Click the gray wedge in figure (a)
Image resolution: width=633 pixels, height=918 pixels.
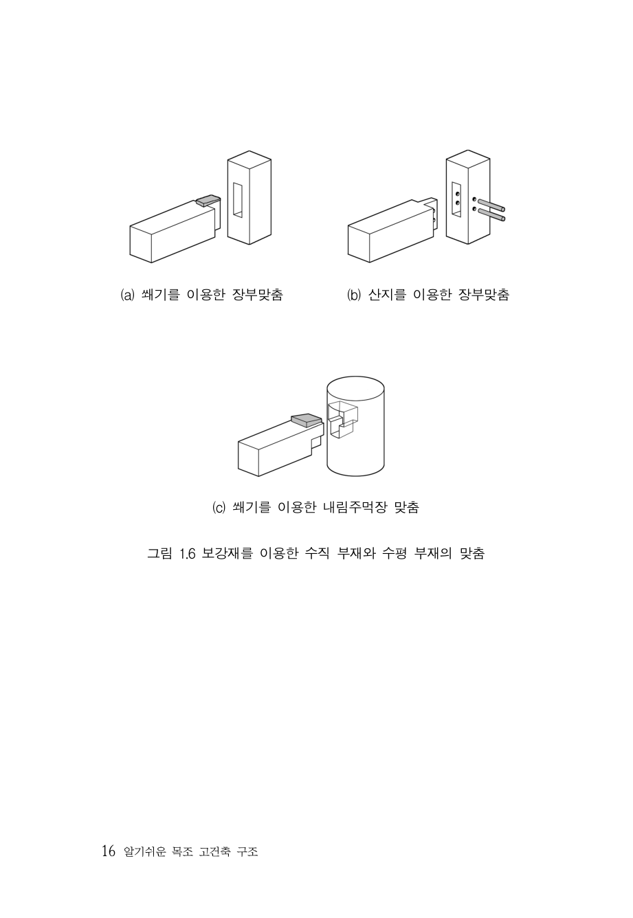point(208,200)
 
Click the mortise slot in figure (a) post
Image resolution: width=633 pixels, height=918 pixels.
point(237,199)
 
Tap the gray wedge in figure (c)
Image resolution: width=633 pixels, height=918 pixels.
point(306,421)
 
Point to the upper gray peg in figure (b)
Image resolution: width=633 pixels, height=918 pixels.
point(491,205)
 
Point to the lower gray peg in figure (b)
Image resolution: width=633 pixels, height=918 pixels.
point(491,214)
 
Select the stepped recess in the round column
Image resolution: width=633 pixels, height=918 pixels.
point(343,419)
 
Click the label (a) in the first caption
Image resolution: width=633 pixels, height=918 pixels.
point(127,295)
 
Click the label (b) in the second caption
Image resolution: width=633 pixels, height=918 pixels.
point(353,295)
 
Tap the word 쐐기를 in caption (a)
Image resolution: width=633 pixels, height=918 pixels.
point(161,295)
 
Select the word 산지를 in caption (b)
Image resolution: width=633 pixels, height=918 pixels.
point(387,295)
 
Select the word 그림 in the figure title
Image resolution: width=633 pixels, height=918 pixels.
point(159,554)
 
